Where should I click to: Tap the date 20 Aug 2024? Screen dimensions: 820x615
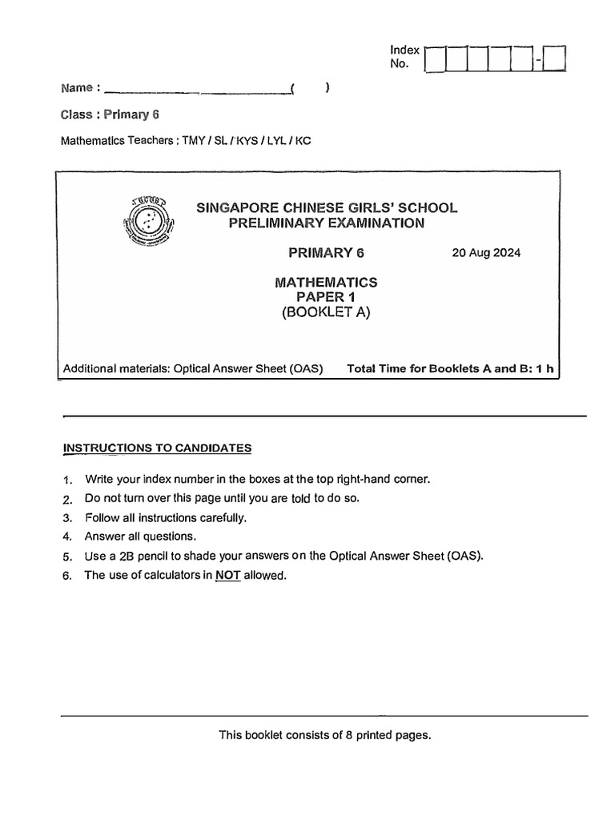point(486,253)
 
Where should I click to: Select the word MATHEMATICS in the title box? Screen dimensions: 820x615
point(326,282)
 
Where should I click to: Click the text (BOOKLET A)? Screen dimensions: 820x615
point(326,313)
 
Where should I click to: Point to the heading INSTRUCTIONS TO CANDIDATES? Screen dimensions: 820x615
point(157,448)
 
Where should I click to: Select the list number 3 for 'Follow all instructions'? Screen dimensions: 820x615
point(67,518)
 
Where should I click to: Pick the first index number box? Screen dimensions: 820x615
point(436,59)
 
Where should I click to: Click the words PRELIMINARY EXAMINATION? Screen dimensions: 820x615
point(326,223)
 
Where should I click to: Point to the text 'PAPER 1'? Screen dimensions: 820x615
point(326,297)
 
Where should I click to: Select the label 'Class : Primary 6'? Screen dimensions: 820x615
point(111,115)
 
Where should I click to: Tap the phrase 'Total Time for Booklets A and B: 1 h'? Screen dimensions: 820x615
point(450,369)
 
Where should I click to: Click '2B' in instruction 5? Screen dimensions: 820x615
point(130,556)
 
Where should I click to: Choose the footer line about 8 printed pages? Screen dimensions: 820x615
point(325,735)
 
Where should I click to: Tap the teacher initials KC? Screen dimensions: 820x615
point(303,141)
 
